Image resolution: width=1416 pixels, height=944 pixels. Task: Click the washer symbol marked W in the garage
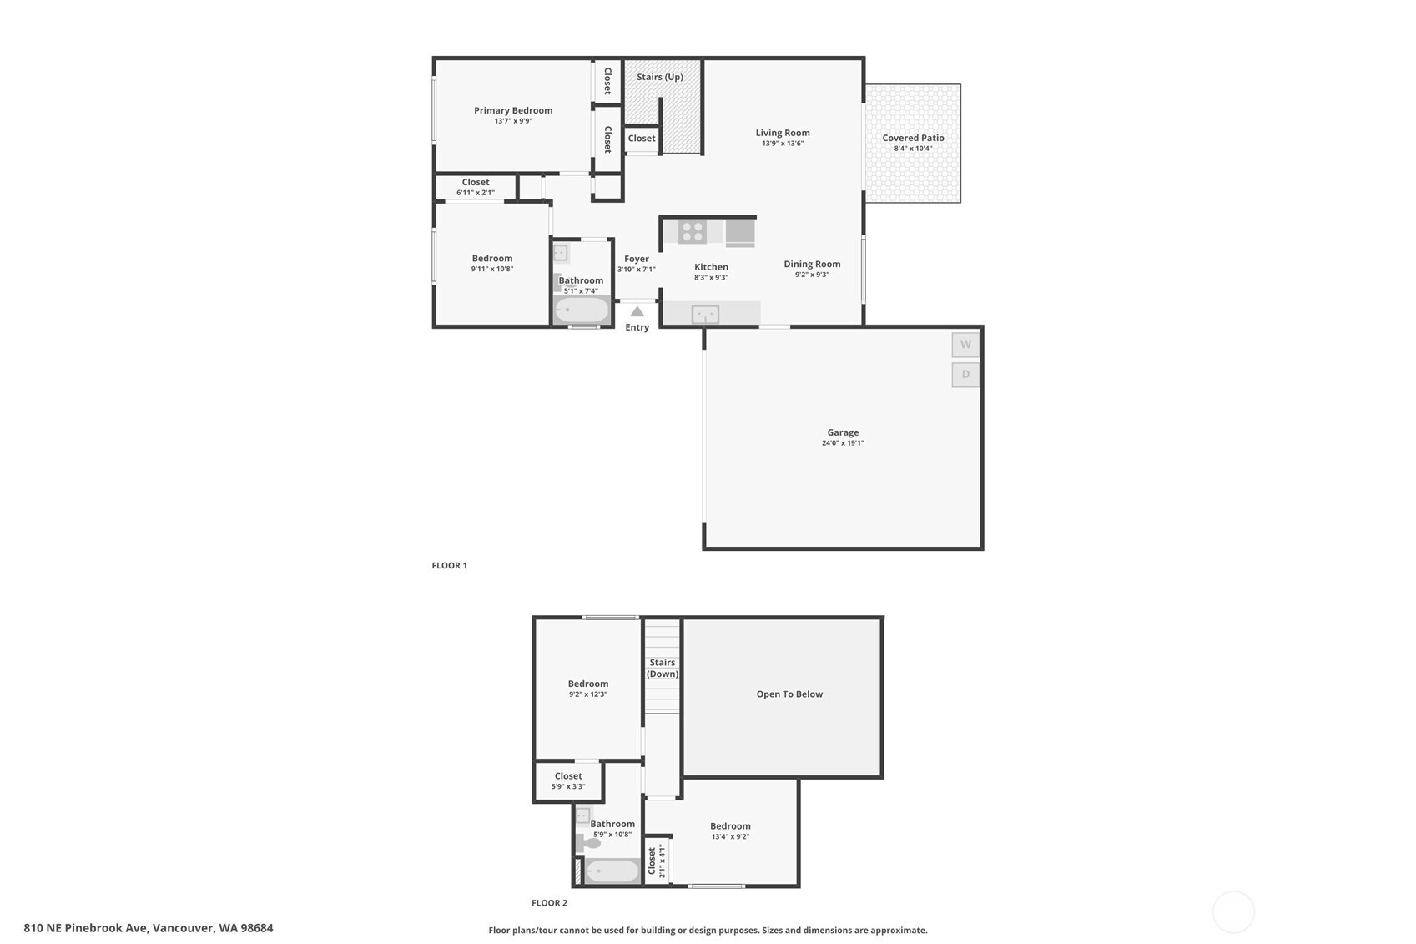pyautogui.click(x=965, y=345)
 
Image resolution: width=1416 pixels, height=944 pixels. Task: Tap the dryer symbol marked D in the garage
pyautogui.click(x=965, y=374)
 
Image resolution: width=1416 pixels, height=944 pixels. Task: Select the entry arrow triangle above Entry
pyautogui.click(x=637, y=311)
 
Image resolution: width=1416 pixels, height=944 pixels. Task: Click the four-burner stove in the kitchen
pyautogui.click(x=693, y=232)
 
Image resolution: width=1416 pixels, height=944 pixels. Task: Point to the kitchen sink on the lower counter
pyautogui.click(x=705, y=314)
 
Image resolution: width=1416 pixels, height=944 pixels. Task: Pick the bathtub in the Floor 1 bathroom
pyautogui.click(x=582, y=310)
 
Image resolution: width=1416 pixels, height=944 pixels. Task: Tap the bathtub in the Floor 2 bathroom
pyautogui.click(x=612, y=871)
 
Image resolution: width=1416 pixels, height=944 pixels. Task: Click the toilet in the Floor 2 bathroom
pyautogui.click(x=587, y=842)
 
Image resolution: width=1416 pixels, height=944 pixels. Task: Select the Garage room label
pyautogui.click(x=843, y=432)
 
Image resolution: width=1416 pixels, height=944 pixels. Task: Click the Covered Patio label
pyautogui.click(x=913, y=138)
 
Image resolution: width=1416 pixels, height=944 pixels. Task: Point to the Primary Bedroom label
pyautogui.click(x=513, y=110)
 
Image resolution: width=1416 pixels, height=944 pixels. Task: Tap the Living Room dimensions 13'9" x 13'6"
pyautogui.click(x=783, y=144)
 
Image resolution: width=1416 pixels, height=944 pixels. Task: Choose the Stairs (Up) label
pyautogui.click(x=660, y=77)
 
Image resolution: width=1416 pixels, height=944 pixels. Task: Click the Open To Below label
pyautogui.click(x=789, y=694)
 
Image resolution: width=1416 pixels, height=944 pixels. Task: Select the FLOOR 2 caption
pyautogui.click(x=549, y=903)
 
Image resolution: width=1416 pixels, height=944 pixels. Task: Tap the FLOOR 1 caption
pyautogui.click(x=450, y=565)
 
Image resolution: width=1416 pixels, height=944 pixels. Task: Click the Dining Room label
pyautogui.click(x=813, y=264)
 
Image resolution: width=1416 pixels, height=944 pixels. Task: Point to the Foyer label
pyautogui.click(x=637, y=259)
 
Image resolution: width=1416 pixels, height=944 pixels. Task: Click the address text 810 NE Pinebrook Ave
pyautogui.click(x=86, y=928)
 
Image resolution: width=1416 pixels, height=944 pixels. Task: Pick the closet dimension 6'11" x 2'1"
pyautogui.click(x=476, y=193)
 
